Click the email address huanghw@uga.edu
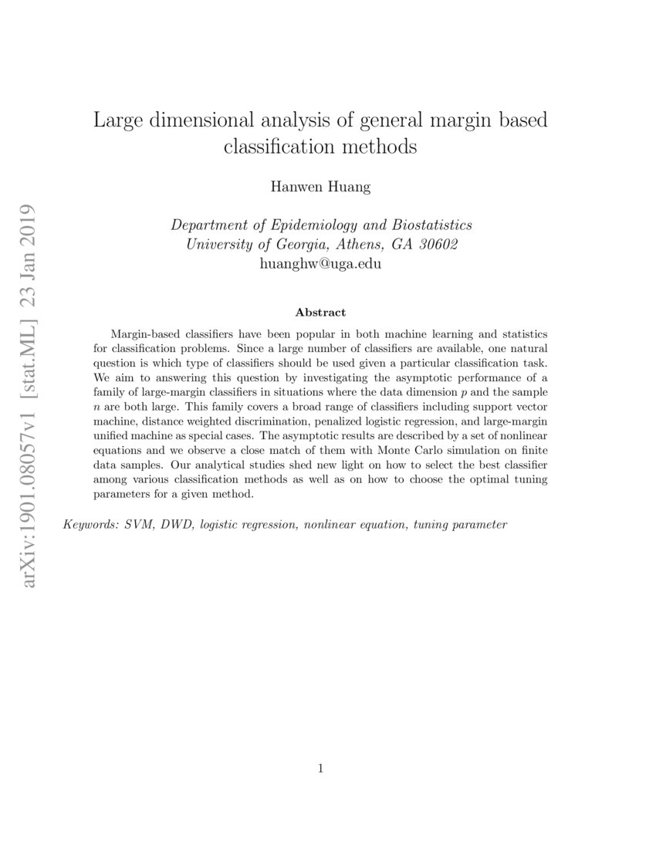tap(321, 263)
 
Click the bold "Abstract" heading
tap(320, 313)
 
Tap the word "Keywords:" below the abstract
tap(88, 525)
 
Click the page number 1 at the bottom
tap(320, 768)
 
